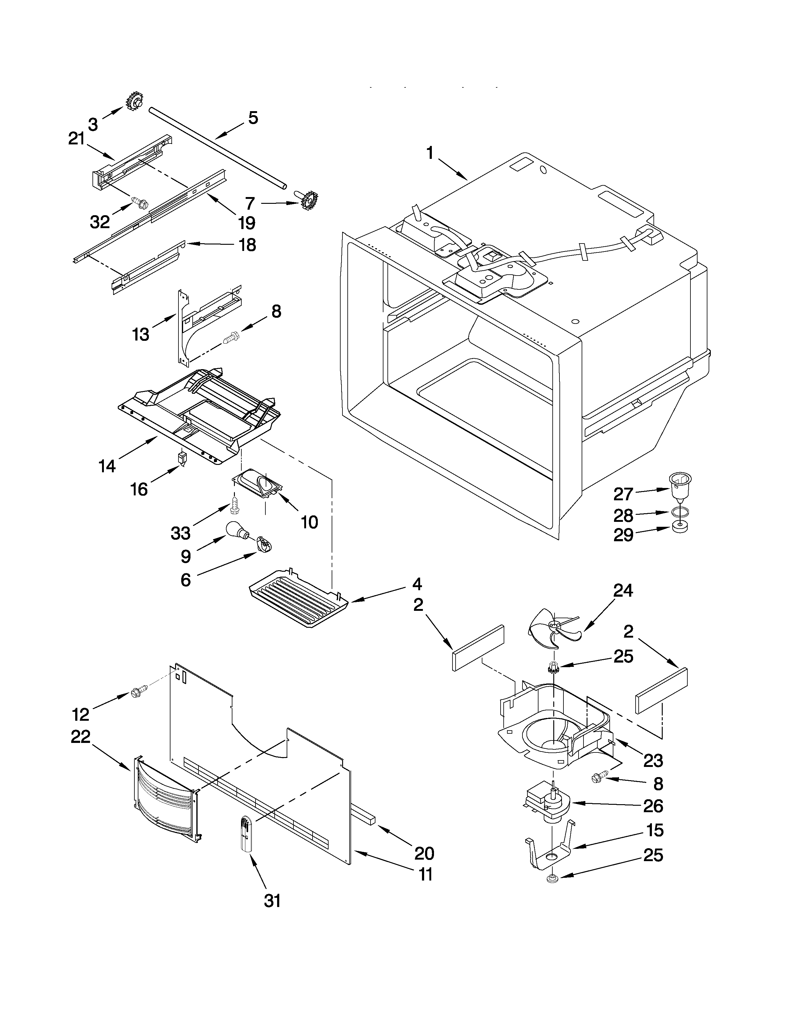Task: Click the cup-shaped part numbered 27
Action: pyautogui.click(x=680, y=486)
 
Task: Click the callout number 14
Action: pyautogui.click(x=107, y=466)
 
